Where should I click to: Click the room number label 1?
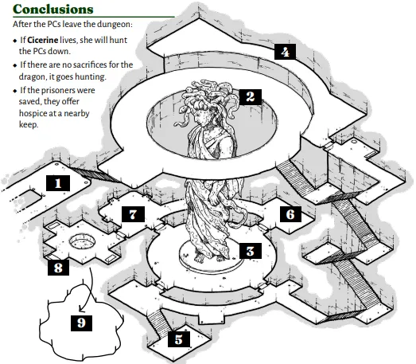click(x=58, y=183)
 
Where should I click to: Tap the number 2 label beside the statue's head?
click(x=251, y=97)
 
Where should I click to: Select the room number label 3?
click(x=251, y=251)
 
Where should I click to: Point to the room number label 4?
click(x=286, y=52)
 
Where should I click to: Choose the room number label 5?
click(x=179, y=339)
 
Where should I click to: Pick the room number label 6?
click(x=290, y=214)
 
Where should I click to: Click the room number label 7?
click(x=133, y=214)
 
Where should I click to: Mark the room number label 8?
click(x=58, y=268)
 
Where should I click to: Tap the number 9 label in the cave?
click(x=81, y=323)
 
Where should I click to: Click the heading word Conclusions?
click(x=53, y=9)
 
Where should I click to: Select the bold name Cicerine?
click(x=43, y=40)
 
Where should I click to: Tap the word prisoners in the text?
click(x=58, y=90)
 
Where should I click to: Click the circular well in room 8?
click(x=82, y=241)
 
